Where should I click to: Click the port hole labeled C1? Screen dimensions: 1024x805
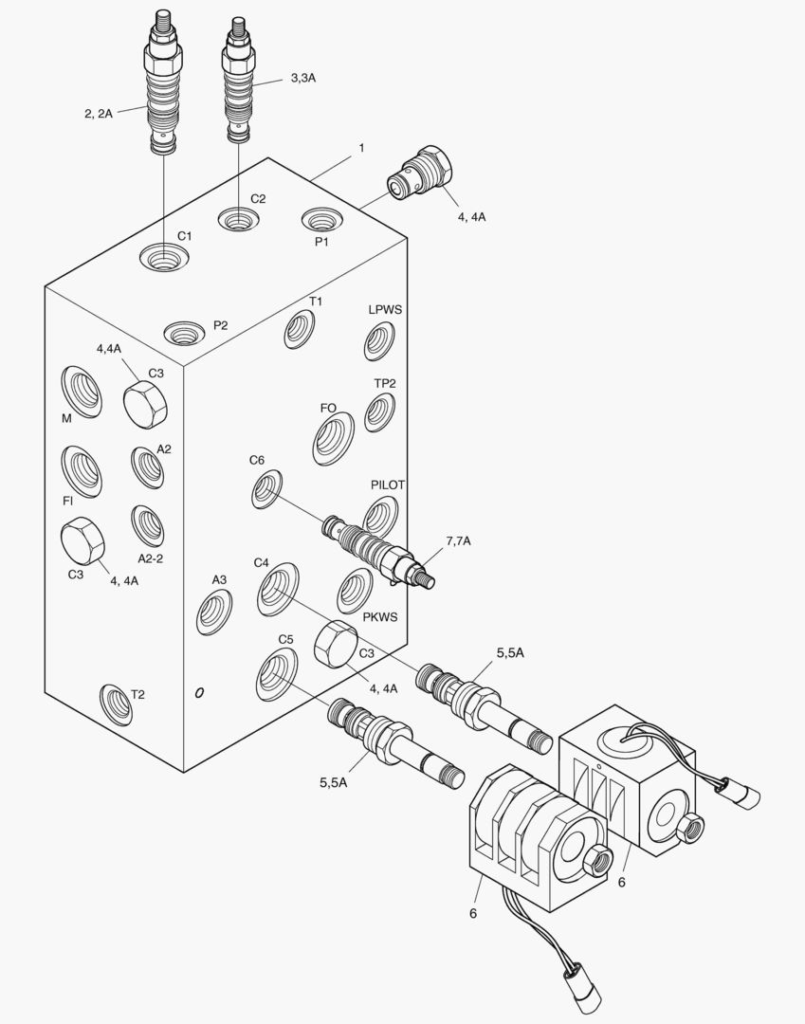click(163, 256)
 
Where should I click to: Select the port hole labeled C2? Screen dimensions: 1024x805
click(238, 220)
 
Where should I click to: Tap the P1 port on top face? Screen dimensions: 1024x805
click(322, 220)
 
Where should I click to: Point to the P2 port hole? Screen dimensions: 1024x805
click(182, 333)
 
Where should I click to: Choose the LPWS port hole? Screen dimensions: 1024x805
click(379, 341)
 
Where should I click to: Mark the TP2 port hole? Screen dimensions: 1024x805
click(379, 411)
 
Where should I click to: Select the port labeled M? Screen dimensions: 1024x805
click(82, 391)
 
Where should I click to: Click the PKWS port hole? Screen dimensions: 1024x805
click(355, 592)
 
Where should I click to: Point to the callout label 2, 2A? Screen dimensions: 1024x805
click(98, 114)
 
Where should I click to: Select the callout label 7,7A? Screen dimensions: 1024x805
click(458, 541)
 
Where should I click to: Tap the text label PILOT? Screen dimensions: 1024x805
click(388, 485)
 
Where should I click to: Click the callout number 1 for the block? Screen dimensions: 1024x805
click(361, 148)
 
